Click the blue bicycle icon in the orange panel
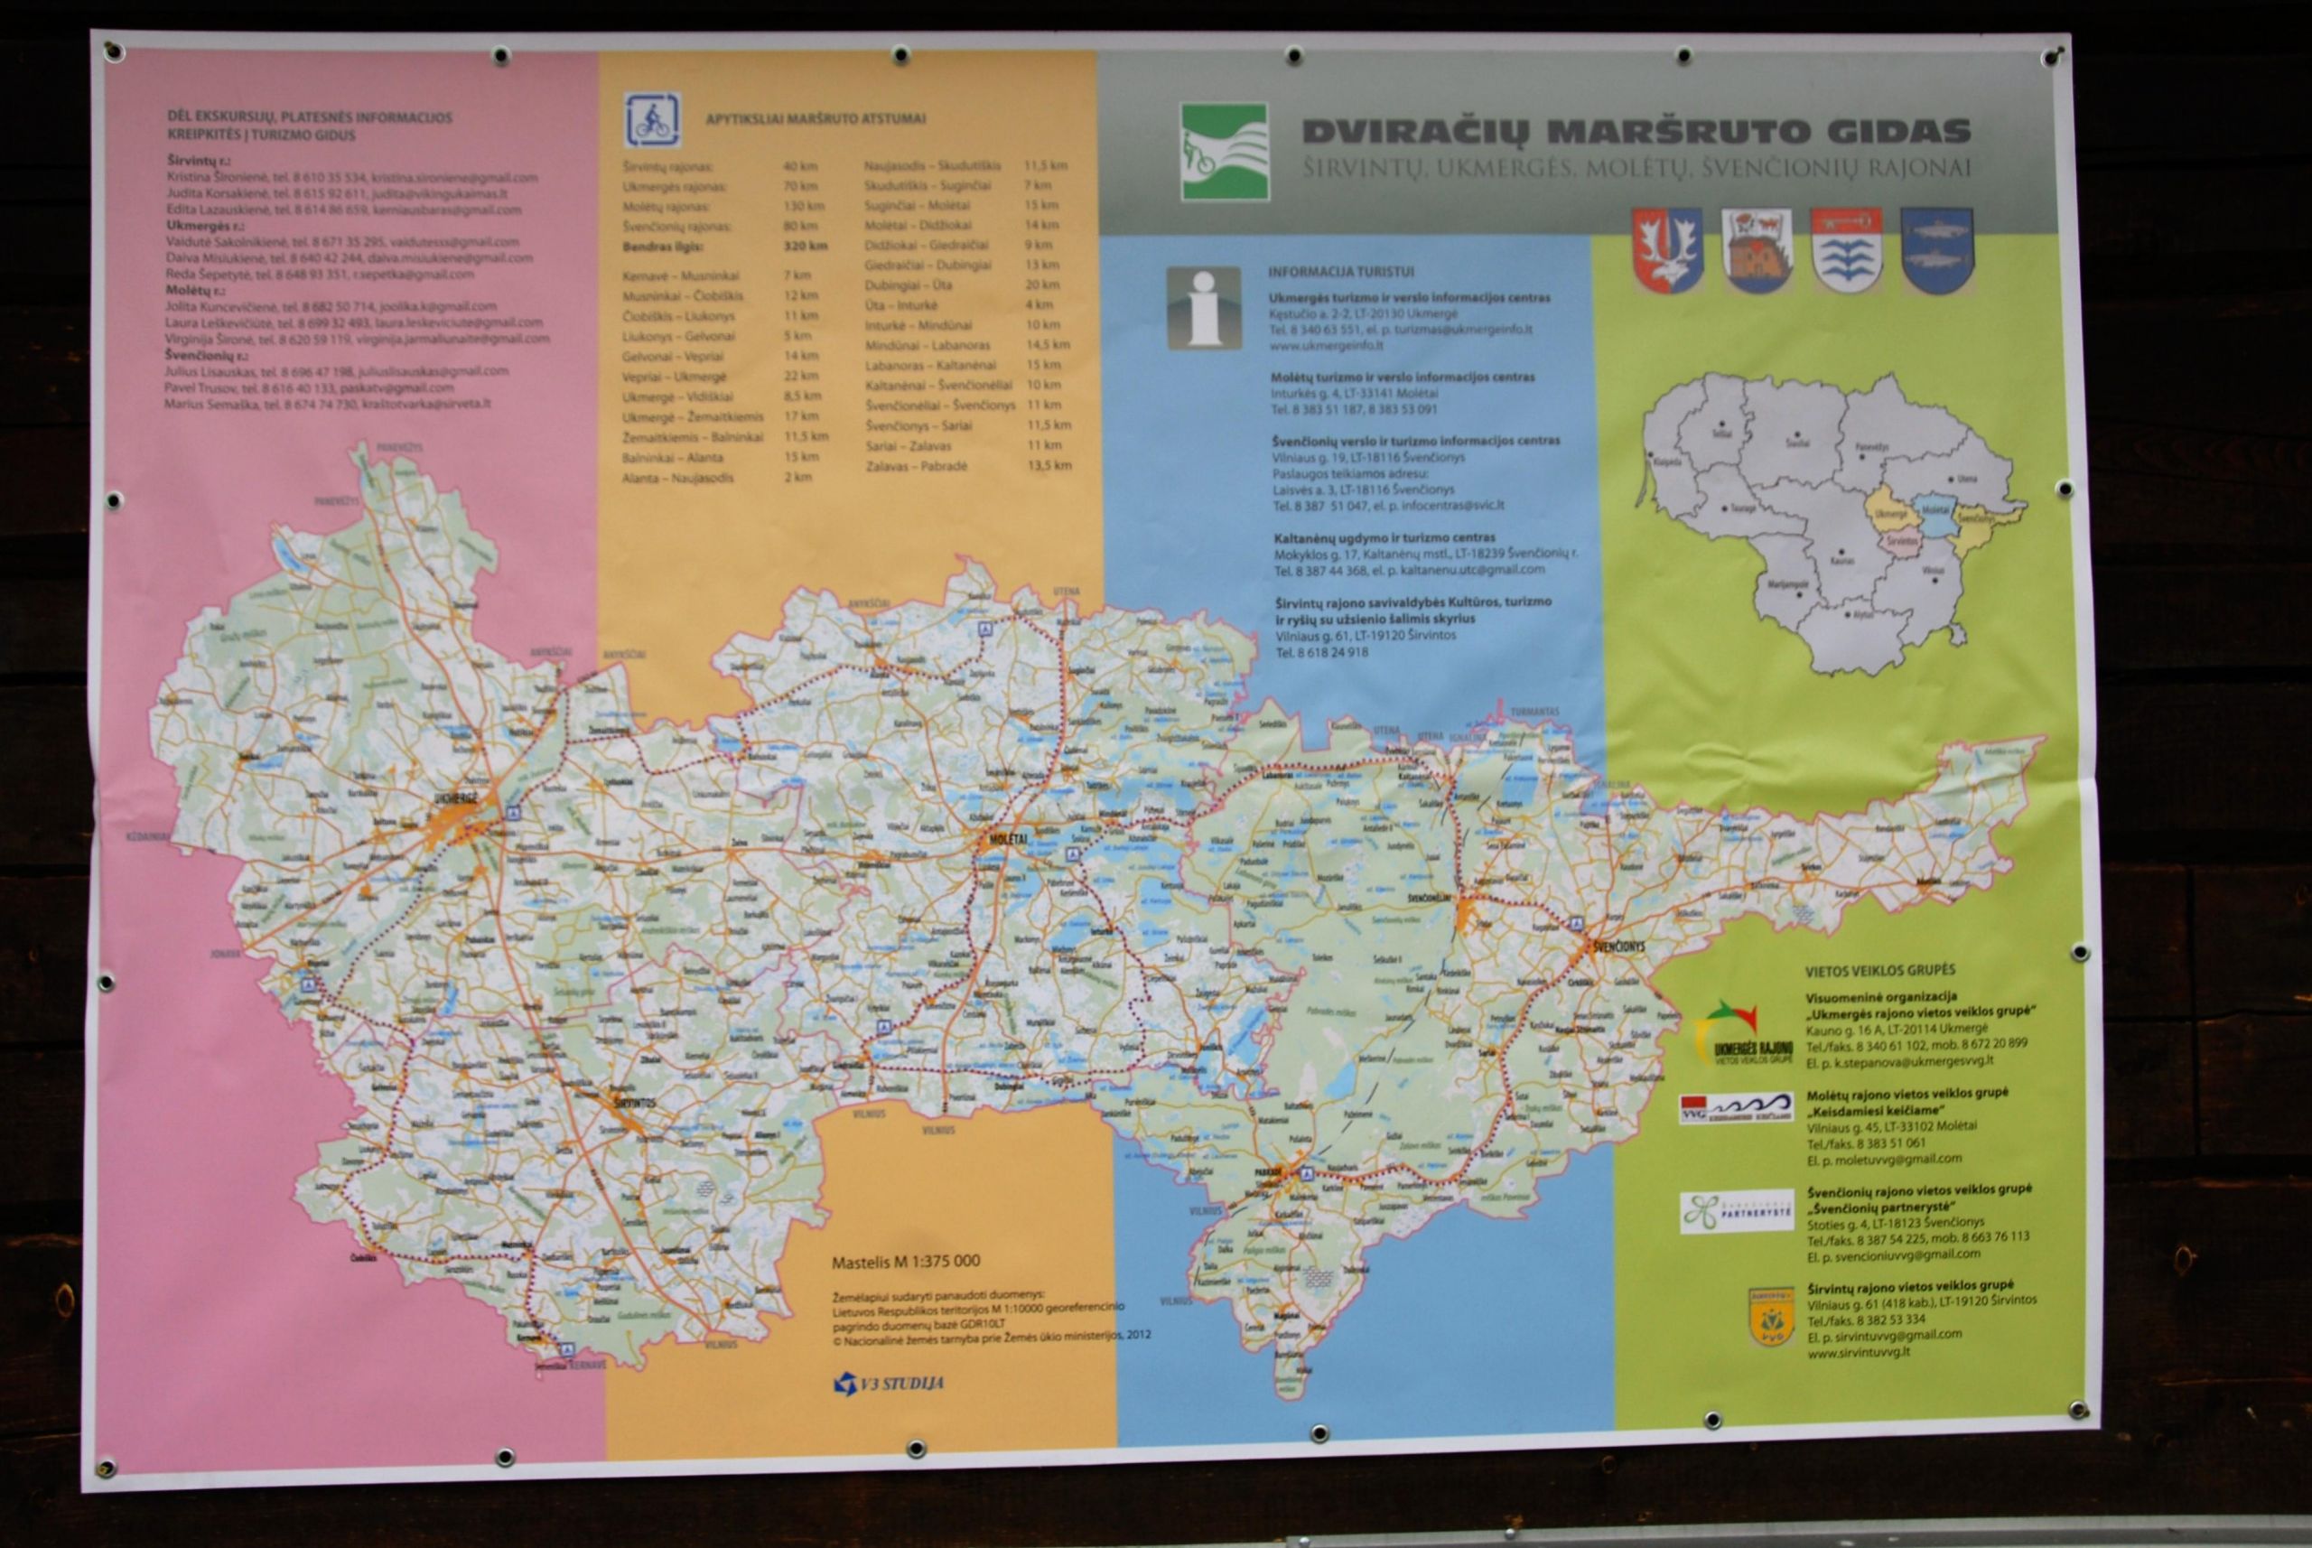[x=651, y=120]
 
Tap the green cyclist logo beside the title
[x=1224, y=152]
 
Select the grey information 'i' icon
[x=1203, y=307]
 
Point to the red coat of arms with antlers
[x=1666, y=250]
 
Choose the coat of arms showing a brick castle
[x=1757, y=250]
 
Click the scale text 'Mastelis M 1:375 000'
[x=905, y=1262]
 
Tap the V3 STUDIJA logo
[x=889, y=1383]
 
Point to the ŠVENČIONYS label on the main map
[x=1618, y=946]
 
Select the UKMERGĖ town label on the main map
[x=455, y=797]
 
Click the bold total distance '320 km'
[x=806, y=246]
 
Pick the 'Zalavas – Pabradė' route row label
[x=917, y=466]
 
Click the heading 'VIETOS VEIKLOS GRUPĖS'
[x=1879, y=971]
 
